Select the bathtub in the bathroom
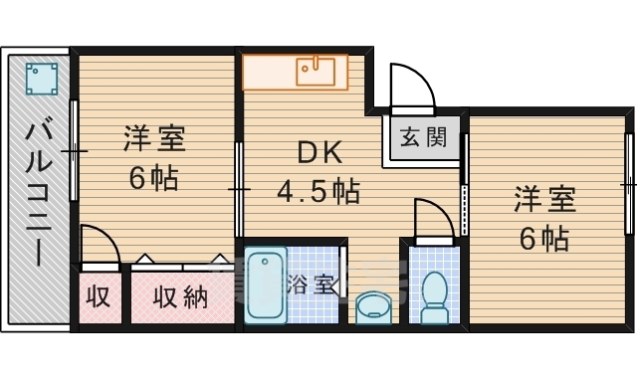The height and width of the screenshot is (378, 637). tap(265, 286)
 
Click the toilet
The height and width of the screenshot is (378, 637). tap(435, 296)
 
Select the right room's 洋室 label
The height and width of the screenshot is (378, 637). tap(544, 199)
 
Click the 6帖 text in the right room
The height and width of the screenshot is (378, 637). tap(543, 239)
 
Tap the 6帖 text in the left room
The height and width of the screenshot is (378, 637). tap(153, 179)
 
